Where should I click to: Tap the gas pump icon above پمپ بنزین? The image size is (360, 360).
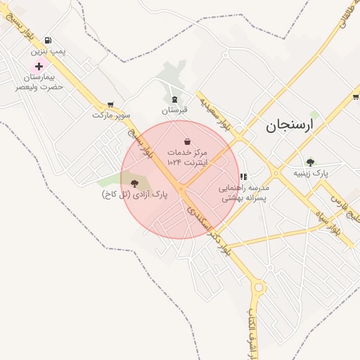click(48, 41)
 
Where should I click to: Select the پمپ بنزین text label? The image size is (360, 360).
click(48, 52)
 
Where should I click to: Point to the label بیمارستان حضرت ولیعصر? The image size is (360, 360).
click(41, 81)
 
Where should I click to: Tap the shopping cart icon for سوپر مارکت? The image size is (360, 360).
click(110, 104)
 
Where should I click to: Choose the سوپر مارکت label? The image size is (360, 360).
click(112, 115)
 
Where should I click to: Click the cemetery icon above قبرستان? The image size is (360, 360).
click(175, 100)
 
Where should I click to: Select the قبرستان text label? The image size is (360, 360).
click(175, 110)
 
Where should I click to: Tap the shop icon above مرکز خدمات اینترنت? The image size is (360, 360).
click(187, 141)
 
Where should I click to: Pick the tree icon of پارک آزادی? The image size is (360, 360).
click(135, 184)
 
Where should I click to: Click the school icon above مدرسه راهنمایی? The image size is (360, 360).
click(243, 177)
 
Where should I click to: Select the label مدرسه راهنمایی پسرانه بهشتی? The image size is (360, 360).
click(243, 193)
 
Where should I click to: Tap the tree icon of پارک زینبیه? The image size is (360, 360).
click(310, 162)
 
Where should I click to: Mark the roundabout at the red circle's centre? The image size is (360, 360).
click(181, 188)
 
